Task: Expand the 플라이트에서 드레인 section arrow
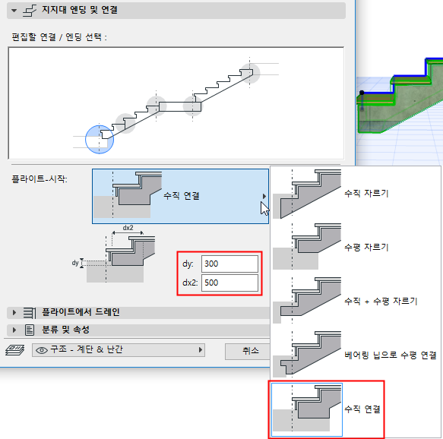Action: point(14,312)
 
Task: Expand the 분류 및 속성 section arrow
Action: point(14,330)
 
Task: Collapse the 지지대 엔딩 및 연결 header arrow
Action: point(14,11)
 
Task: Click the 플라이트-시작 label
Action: point(40,179)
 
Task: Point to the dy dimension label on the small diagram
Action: point(76,263)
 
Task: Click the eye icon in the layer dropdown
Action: point(43,350)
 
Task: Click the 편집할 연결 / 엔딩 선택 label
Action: point(59,36)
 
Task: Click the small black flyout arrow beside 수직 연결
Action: point(264,196)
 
